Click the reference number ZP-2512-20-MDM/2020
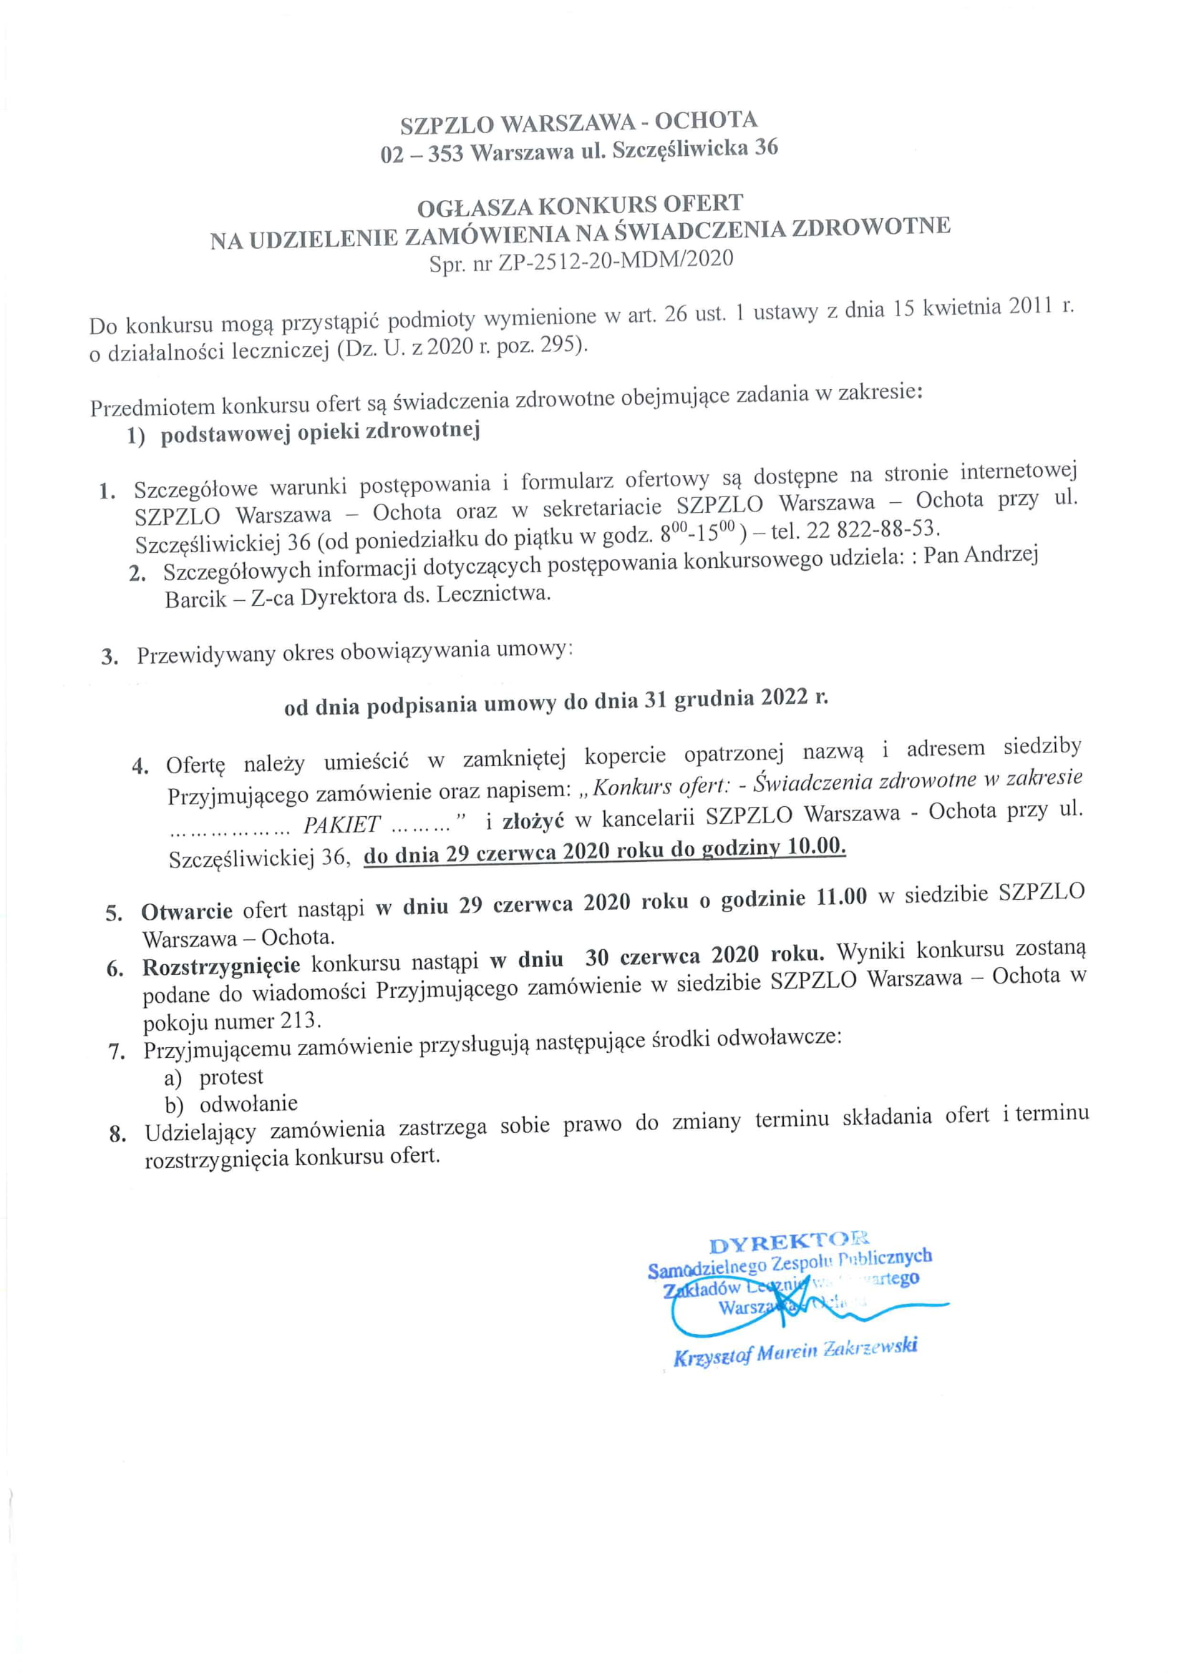[616, 262]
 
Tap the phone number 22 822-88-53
[868, 529]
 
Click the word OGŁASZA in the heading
[475, 209]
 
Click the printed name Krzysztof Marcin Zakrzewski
[795, 1350]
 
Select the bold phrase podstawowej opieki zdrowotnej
[320, 432]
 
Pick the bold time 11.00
[841, 897]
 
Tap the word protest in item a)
[231, 1077]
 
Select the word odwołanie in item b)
[248, 1104]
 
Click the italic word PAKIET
[341, 825]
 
